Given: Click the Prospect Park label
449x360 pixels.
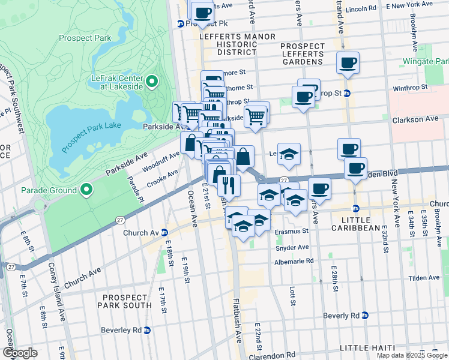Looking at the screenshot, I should [85, 38].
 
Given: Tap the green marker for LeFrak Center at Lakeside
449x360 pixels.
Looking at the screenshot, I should [152, 81].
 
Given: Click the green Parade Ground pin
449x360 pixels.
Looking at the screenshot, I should [86, 190].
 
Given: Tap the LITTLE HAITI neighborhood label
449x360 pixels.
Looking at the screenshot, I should [367, 348].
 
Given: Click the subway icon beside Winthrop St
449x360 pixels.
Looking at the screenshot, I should [347, 94].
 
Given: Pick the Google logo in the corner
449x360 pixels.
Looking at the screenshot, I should [20, 353].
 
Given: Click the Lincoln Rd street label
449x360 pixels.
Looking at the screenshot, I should [362, 9].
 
